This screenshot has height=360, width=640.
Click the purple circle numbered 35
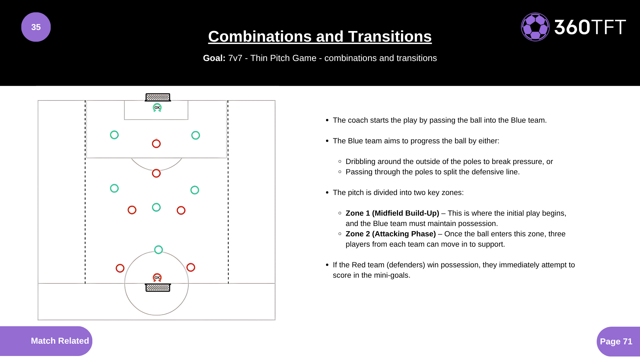pos(36,27)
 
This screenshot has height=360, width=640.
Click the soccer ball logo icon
pos(535,27)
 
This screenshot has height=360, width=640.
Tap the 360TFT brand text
pos(590,27)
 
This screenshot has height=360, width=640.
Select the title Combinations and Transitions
pos(320,37)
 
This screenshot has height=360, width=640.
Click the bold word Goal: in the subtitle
pos(214,58)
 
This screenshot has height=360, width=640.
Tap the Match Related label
pos(60,341)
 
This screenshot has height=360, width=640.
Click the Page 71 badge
pos(616,341)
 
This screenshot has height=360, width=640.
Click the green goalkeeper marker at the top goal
pos(157,108)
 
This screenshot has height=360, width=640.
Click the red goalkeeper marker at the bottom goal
pos(157,277)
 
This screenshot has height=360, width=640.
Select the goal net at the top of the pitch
pos(158,97)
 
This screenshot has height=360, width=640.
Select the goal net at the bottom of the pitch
pos(158,288)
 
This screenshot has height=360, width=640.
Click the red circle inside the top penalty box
pos(156,144)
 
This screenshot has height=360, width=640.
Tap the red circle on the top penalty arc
pos(156,173)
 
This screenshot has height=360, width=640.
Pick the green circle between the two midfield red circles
pos(156,207)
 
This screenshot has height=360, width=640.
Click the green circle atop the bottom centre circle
pos(159,250)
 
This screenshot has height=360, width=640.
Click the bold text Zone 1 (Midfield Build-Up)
pos(392,213)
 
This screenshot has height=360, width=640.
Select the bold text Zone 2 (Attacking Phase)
pos(390,234)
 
